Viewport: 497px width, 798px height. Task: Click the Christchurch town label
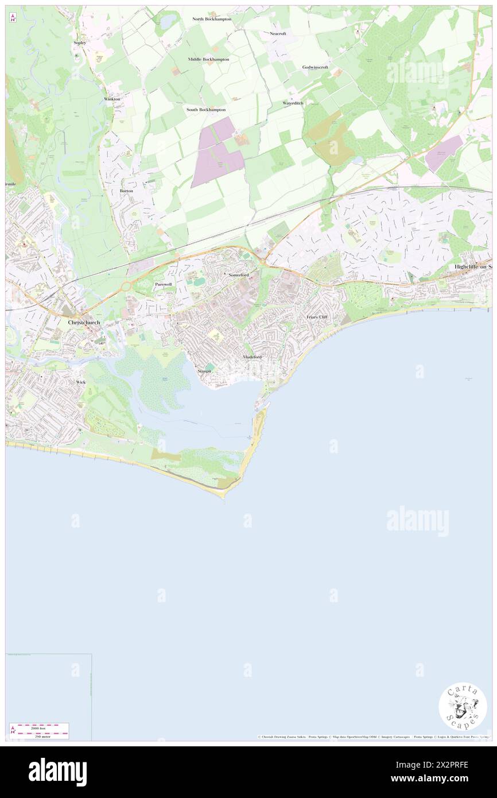pyautogui.click(x=84, y=323)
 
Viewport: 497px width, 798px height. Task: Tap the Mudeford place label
pyautogui.click(x=253, y=357)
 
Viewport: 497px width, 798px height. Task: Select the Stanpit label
pyautogui.click(x=204, y=371)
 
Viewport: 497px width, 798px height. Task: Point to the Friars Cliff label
pyautogui.click(x=316, y=316)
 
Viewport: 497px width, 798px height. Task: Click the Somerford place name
pyautogui.click(x=238, y=275)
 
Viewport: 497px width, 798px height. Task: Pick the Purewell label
pyautogui.click(x=164, y=284)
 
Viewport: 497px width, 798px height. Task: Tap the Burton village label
pyautogui.click(x=126, y=190)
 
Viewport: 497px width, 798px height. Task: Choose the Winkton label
pyautogui.click(x=112, y=99)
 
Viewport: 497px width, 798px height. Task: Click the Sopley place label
pyautogui.click(x=79, y=43)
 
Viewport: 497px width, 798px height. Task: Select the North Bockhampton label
pyautogui.click(x=212, y=19)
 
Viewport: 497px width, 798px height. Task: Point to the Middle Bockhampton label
pyautogui.click(x=208, y=59)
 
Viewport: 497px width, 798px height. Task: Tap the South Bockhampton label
pyautogui.click(x=205, y=109)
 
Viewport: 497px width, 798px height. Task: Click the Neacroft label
pyautogui.click(x=278, y=33)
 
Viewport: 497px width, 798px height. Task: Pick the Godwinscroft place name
pyautogui.click(x=315, y=67)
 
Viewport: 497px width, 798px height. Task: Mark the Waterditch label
pyautogui.click(x=293, y=103)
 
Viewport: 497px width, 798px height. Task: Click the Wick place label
pyautogui.click(x=81, y=382)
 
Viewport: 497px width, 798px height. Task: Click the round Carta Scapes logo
pyautogui.click(x=463, y=706)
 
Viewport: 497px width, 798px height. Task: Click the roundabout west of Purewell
pyautogui.click(x=126, y=285)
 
